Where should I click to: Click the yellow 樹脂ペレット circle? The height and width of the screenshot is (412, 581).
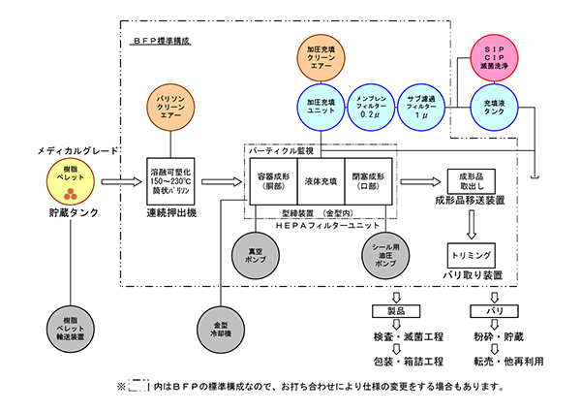[73, 180]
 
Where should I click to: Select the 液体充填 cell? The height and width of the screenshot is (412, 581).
[321, 181]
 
